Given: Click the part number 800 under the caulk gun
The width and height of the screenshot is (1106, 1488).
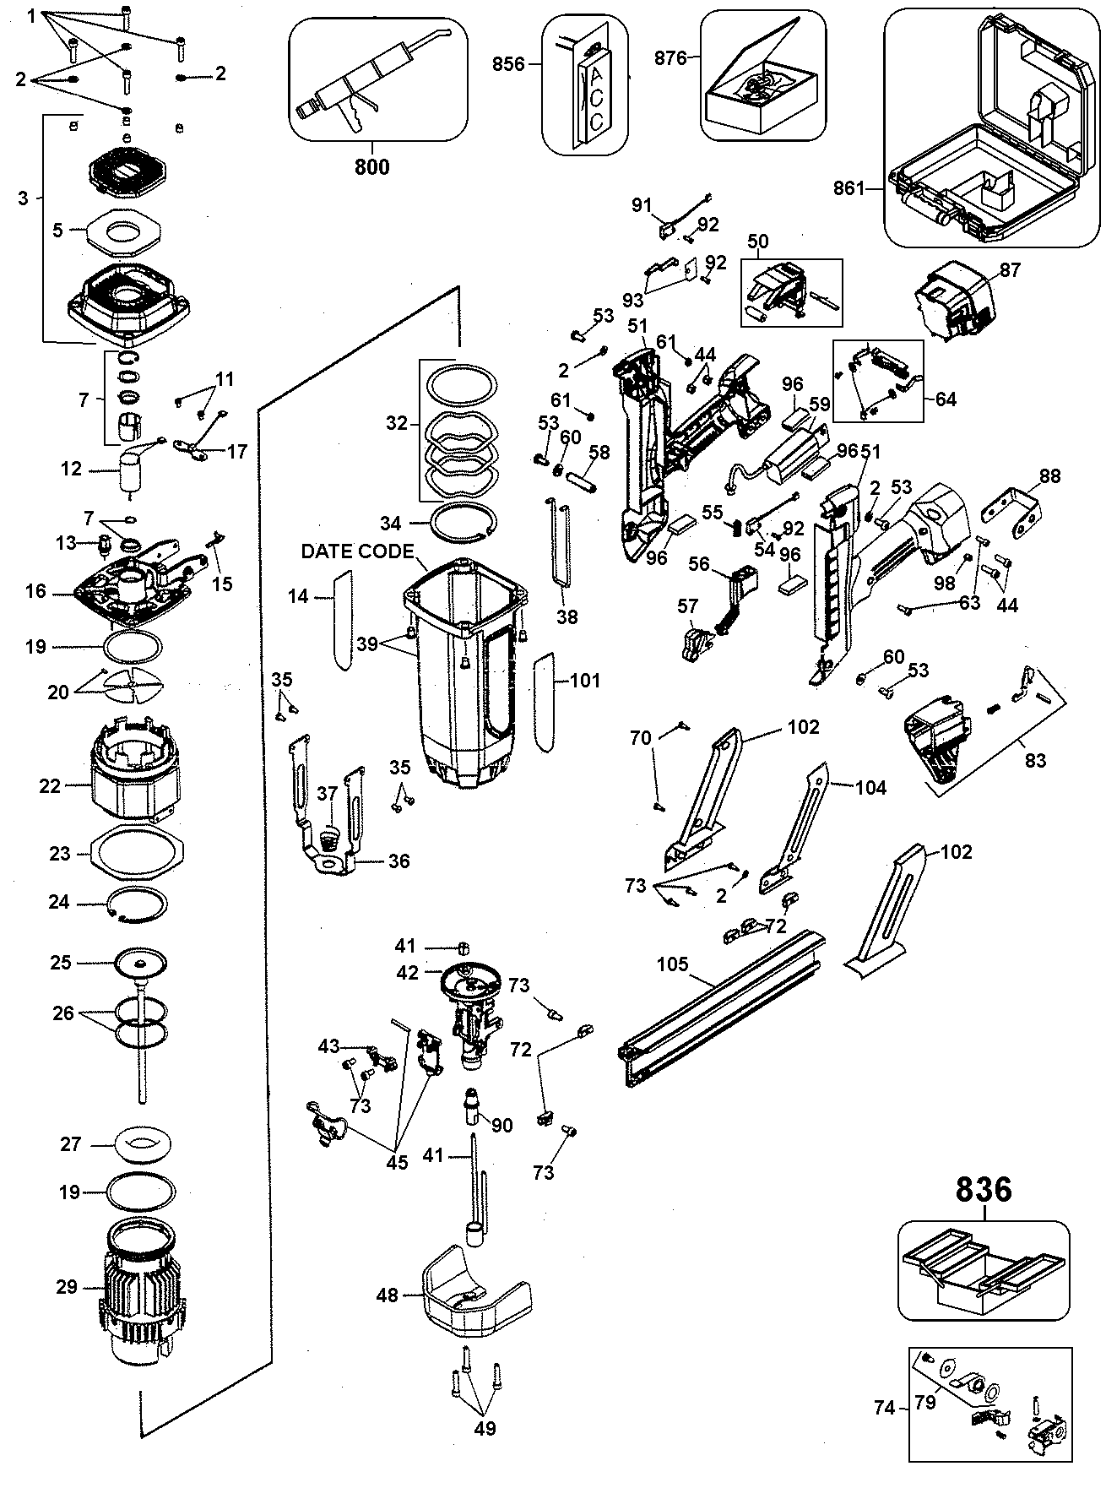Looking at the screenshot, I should [371, 166].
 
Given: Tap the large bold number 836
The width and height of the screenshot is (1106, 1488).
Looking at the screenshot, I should [984, 1190].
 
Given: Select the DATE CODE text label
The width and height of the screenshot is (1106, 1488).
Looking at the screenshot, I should [357, 551].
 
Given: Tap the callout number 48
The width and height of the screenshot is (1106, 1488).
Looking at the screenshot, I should [387, 1294].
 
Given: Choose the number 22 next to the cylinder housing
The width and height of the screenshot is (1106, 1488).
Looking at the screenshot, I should [50, 785].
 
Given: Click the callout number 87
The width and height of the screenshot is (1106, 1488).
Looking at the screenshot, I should [1010, 270].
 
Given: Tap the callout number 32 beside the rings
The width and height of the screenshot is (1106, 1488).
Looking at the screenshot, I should [397, 423].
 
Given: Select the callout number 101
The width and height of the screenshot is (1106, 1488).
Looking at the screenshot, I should [585, 680].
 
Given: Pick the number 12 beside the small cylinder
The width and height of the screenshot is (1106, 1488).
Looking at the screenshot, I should [72, 468].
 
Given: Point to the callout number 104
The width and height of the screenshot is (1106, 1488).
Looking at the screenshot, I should [870, 788].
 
